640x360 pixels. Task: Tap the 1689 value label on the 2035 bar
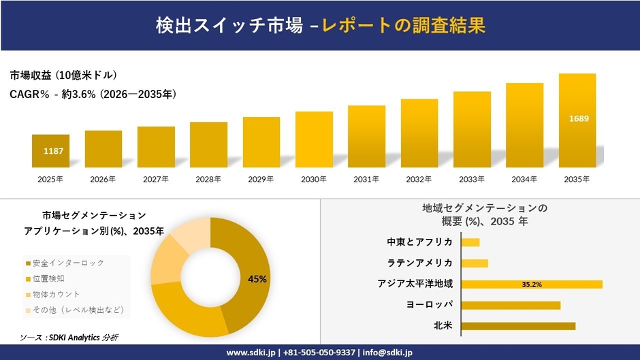[x=578, y=119]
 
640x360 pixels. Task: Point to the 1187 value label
[x=53, y=150]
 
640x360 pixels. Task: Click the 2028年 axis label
[x=208, y=179]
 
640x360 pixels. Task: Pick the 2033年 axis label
[x=472, y=179]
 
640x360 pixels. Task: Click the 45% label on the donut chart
[x=257, y=279]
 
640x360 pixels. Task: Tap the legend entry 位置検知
[x=48, y=278]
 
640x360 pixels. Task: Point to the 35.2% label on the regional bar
[x=531, y=284]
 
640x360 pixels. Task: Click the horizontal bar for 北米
[x=518, y=326]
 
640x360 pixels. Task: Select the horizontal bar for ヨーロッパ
[x=511, y=305]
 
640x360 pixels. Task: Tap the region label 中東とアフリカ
[x=419, y=242]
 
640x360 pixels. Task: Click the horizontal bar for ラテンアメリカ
[x=475, y=263]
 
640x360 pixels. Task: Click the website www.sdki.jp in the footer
[x=251, y=353]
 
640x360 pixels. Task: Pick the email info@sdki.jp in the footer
[x=387, y=353]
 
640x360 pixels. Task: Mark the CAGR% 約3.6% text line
[x=93, y=95]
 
